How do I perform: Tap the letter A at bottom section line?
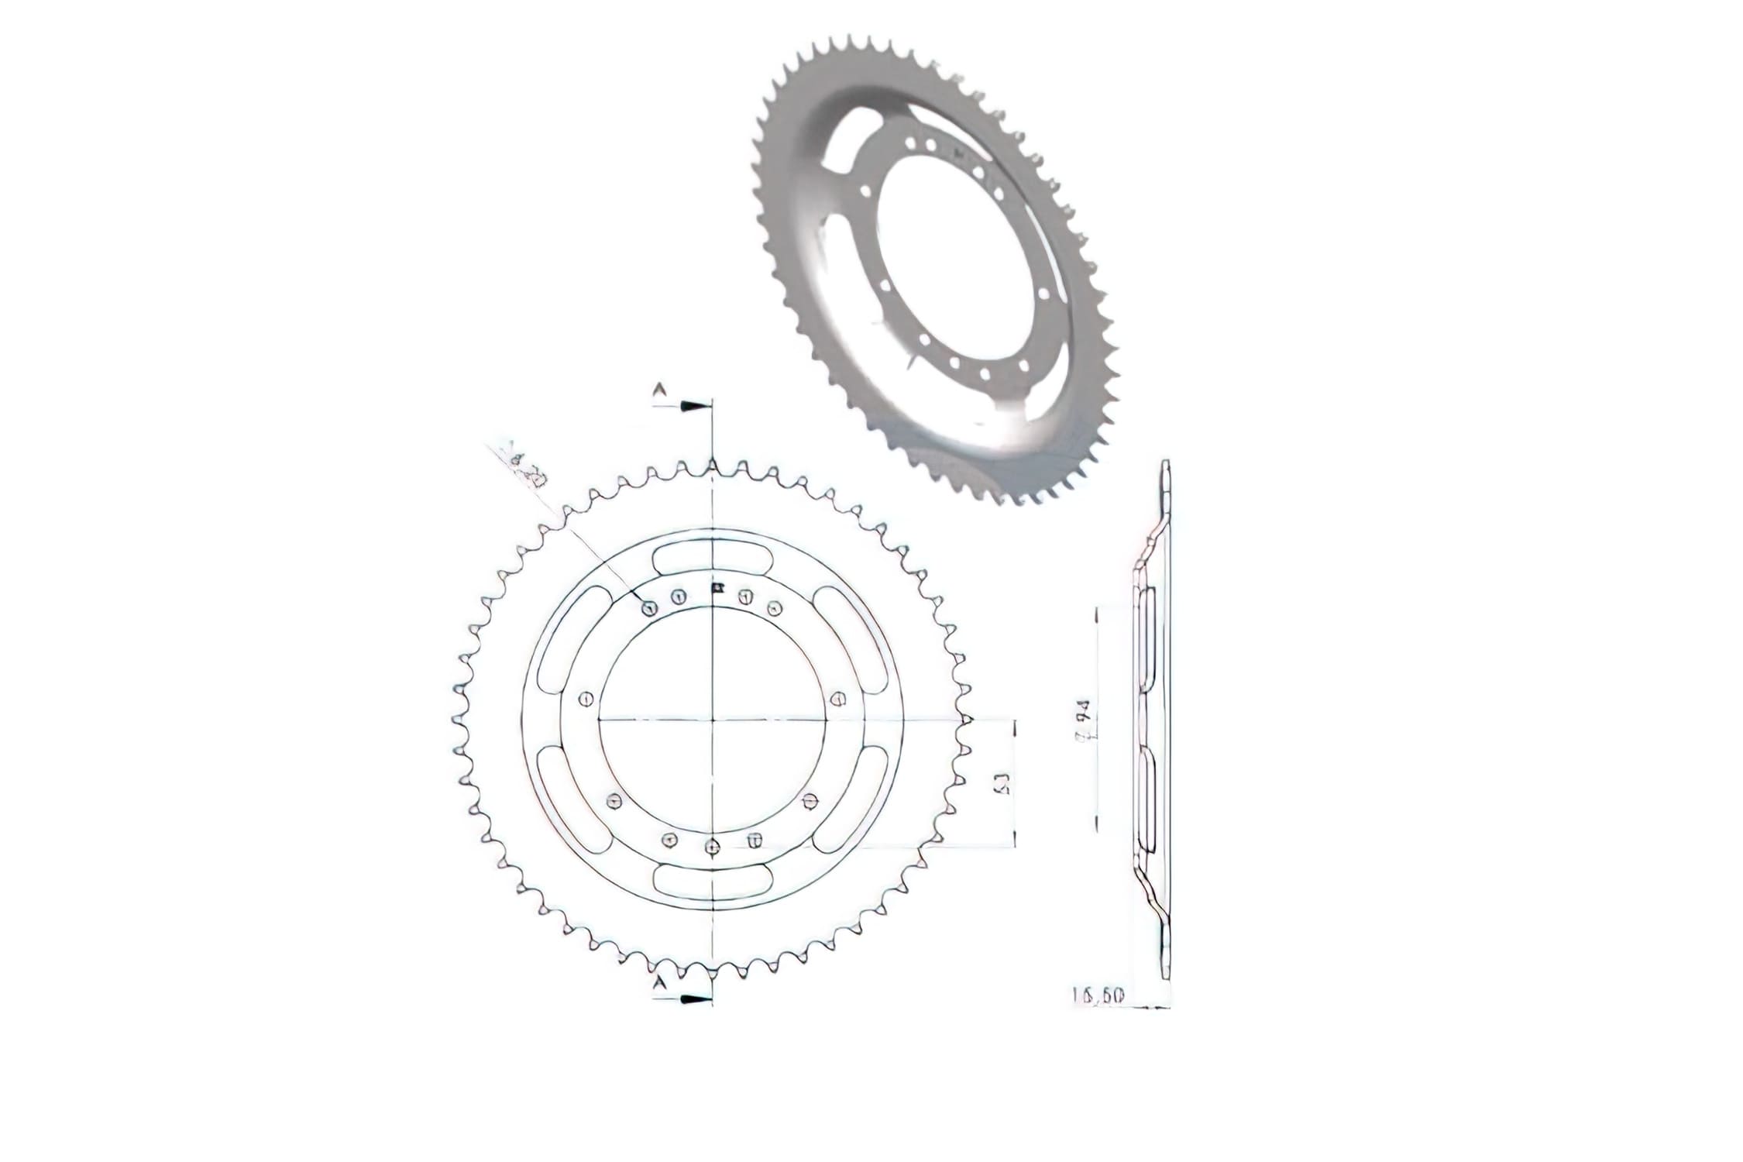point(659,982)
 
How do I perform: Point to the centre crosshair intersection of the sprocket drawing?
point(713,720)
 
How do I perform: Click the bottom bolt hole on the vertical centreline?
point(713,847)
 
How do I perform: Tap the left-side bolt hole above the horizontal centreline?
point(586,699)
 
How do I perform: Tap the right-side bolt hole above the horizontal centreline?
point(837,699)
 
